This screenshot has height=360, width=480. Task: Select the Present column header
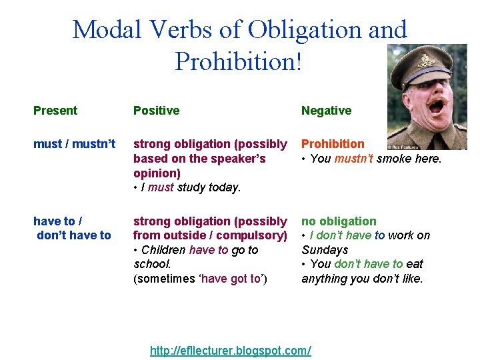[x=55, y=111]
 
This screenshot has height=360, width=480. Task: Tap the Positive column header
[x=156, y=111]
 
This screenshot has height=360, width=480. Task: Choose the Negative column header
[x=326, y=111]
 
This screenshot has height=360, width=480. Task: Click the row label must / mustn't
[x=74, y=144]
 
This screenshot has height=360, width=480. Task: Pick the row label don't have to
[x=74, y=235]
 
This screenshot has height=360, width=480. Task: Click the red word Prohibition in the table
[x=333, y=144]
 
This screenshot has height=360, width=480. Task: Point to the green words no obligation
[x=339, y=221]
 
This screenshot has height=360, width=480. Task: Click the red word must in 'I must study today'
[x=161, y=188]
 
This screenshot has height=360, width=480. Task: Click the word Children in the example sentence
[x=163, y=250]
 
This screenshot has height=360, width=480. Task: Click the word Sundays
[x=325, y=250]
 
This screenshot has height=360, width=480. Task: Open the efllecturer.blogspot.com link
[x=231, y=351]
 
